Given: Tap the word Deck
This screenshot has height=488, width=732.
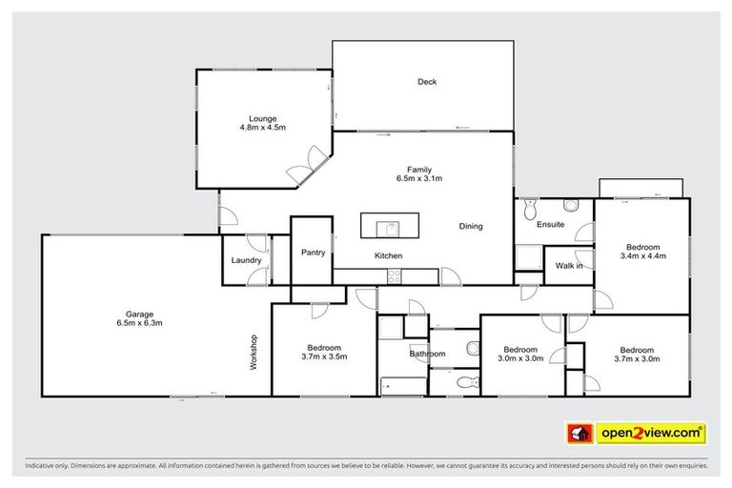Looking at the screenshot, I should [427, 82].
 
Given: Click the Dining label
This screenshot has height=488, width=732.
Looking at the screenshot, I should [471, 227].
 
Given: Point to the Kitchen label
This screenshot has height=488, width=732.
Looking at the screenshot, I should [388, 255].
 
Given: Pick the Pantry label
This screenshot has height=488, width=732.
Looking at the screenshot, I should [313, 253].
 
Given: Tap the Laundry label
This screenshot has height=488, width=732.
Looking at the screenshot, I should [246, 260].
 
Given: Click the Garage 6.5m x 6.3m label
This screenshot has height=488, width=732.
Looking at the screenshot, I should [140, 318].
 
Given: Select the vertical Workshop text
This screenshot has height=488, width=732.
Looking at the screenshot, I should [254, 351].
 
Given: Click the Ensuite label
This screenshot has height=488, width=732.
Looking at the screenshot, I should [550, 225].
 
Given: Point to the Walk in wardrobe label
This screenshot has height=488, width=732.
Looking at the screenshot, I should [569, 266].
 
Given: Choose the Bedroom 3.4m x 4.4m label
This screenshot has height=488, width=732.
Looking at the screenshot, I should [641, 250].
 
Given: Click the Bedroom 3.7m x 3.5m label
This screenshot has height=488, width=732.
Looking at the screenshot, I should [324, 353].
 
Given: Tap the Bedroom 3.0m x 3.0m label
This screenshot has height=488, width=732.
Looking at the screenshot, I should [523, 354].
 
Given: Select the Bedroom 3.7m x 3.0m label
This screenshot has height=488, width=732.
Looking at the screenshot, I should [636, 354].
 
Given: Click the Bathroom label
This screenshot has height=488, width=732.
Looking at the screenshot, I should [427, 354].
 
